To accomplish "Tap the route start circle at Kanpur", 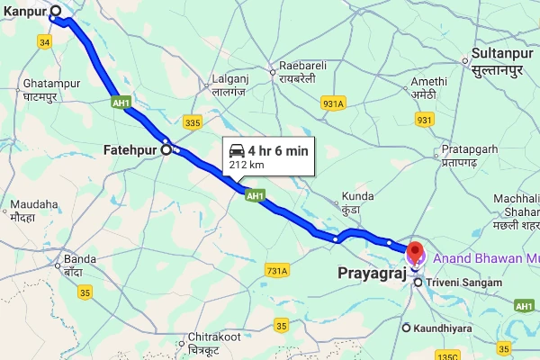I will coord(56,13).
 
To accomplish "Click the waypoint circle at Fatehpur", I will coord(166,150).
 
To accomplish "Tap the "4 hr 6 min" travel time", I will coord(279,150).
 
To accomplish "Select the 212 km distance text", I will coord(247,165).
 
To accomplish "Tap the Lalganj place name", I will coord(228,78).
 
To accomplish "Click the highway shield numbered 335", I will coord(192,121).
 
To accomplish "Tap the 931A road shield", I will coord(333,103).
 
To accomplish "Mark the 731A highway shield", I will coord(277,270).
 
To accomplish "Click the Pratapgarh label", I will coord(465,149).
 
